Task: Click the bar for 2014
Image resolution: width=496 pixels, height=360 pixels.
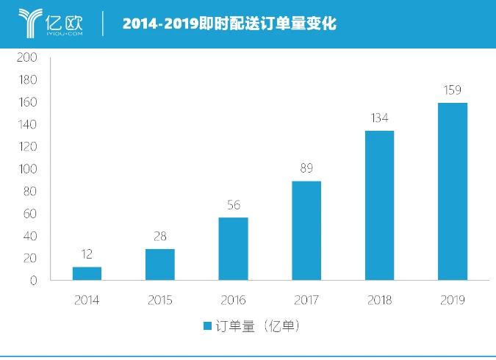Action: (x=87, y=273)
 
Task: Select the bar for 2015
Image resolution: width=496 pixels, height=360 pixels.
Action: (x=159, y=264)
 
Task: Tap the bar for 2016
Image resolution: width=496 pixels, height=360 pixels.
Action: (x=233, y=249)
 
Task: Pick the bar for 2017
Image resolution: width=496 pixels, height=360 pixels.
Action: (x=306, y=231)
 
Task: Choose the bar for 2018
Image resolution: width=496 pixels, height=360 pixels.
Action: (x=379, y=206)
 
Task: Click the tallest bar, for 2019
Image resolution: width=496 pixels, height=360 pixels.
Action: (x=453, y=192)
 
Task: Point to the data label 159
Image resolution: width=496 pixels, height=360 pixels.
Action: (x=453, y=90)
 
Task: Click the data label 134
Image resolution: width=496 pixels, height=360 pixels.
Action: (x=379, y=118)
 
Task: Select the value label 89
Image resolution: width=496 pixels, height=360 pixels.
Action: (x=306, y=168)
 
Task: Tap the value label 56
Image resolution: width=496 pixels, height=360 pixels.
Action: (x=233, y=205)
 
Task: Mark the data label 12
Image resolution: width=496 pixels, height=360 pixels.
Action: (x=87, y=254)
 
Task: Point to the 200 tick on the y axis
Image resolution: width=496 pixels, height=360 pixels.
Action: (x=27, y=57)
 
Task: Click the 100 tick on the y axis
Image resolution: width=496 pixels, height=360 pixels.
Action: (x=27, y=169)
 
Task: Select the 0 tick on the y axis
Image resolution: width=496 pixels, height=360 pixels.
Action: (x=34, y=281)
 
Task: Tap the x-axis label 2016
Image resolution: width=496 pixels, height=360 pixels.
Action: (x=233, y=300)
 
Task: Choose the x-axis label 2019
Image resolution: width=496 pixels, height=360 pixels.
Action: (x=453, y=300)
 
